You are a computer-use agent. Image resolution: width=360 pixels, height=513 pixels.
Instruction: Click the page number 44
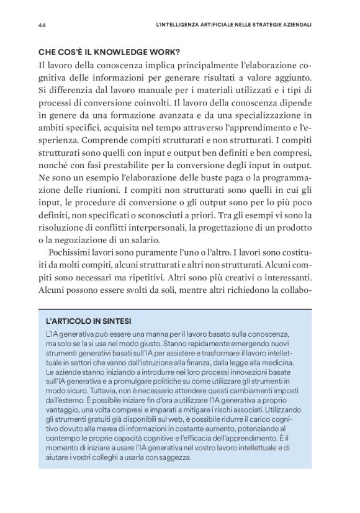(x=42, y=26)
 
